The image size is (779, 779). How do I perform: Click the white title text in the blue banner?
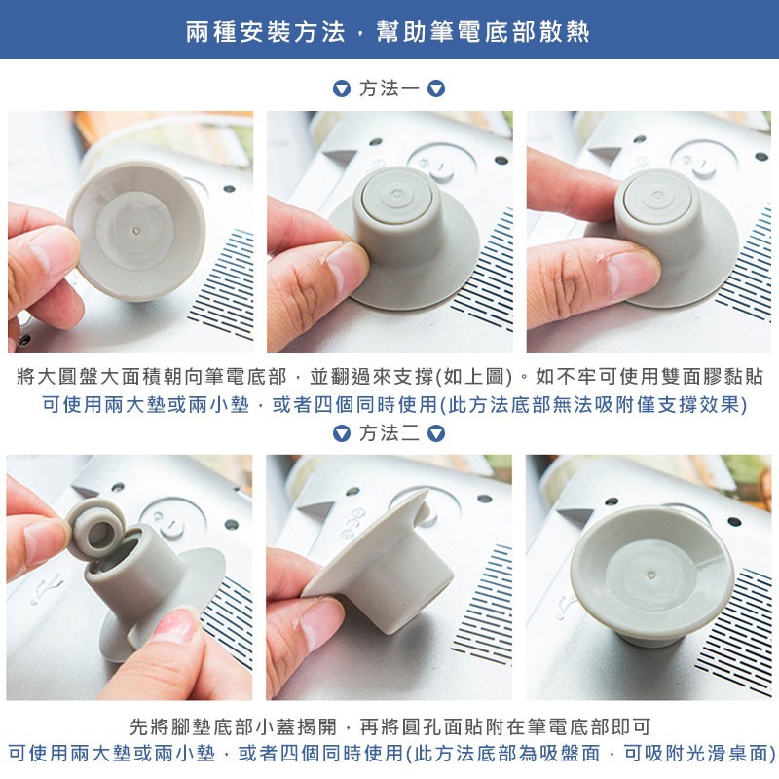tap(388, 32)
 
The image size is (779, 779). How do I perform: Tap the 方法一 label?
tap(389, 89)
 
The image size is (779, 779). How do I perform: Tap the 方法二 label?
tap(389, 433)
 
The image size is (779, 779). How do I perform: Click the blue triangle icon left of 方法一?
tap(342, 89)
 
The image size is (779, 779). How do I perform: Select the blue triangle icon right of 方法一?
tap(436, 89)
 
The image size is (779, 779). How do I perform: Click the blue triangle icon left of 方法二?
tap(342, 433)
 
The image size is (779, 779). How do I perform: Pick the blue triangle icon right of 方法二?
tap(436, 433)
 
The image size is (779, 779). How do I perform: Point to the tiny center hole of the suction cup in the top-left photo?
tap(136, 231)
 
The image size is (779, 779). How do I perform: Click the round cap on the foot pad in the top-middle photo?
tap(396, 195)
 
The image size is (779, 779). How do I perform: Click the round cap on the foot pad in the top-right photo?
tap(657, 197)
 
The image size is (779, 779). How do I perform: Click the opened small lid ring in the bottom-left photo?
tap(96, 527)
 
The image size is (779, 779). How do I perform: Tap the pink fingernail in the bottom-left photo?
tap(174, 625)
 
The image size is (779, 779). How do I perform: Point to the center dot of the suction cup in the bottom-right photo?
tap(651, 575)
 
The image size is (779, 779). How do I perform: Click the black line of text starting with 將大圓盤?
tap(389, 377)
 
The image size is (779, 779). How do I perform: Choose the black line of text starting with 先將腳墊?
tap(389, 726)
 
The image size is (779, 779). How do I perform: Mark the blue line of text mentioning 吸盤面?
tap(391, 754)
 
